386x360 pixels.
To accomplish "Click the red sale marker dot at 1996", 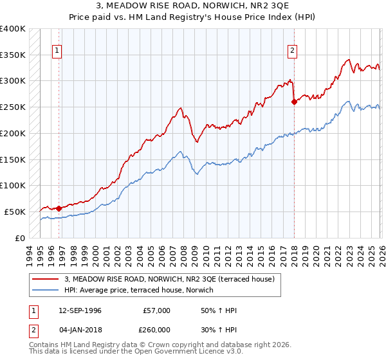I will tap(59, 208).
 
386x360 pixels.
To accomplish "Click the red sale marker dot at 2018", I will tap(294, 102).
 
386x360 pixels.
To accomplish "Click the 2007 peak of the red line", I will tap(181, 108).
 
